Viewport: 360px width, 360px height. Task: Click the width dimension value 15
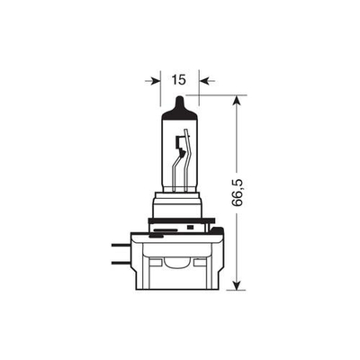(178, 80)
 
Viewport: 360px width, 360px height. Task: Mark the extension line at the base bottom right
(229, 290)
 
